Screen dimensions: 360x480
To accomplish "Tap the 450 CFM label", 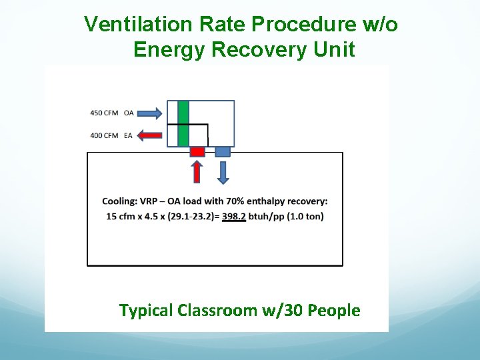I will coord(104,113).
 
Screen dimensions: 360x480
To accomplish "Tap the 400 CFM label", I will coord(104,135).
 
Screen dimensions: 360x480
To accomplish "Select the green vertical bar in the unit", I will coord(183,123).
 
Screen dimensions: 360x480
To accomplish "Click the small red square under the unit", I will coord(197,152).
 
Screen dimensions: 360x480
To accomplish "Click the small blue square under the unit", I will coord(223,152).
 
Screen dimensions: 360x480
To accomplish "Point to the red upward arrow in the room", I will coord(197,172).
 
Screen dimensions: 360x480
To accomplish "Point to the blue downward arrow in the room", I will coord(223,172).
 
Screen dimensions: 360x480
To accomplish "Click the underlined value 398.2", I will coord(234,217).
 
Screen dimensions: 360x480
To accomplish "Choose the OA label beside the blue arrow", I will coord(128,113).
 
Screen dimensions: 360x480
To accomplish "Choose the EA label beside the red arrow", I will coord(128,135).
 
